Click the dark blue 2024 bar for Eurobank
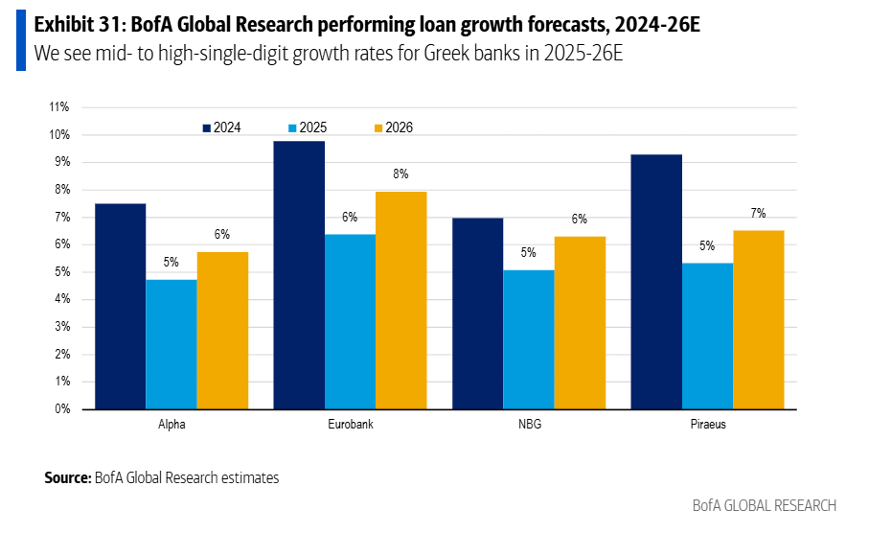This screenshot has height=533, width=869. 299,275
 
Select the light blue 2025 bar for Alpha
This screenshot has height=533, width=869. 172,344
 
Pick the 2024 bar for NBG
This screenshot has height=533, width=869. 477,313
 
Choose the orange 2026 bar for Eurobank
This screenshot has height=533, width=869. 401,300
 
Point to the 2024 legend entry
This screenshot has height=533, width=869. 221,127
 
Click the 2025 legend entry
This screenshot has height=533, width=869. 307,127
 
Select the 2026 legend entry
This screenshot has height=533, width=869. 393,127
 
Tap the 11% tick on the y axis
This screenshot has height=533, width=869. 58,107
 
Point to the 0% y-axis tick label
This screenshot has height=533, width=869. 61,409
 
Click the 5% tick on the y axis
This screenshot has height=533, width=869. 61,272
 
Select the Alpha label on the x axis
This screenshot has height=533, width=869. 172,424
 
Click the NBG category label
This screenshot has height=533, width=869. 528,424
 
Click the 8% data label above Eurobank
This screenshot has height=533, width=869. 401,174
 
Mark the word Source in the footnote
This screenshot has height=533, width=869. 67,476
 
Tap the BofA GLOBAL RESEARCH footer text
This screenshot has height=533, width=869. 764,505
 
